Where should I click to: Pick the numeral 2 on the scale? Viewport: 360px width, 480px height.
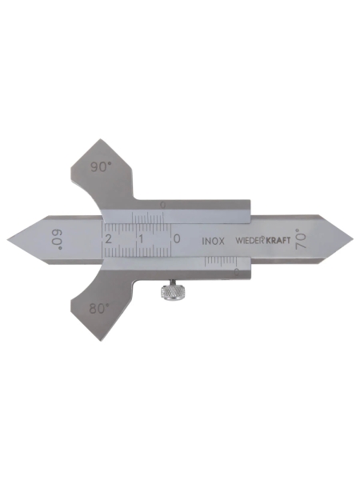click(108, 238)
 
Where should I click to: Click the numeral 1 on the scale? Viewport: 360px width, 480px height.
click(141, 238)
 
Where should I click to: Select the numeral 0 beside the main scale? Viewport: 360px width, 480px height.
click(176, 238)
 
